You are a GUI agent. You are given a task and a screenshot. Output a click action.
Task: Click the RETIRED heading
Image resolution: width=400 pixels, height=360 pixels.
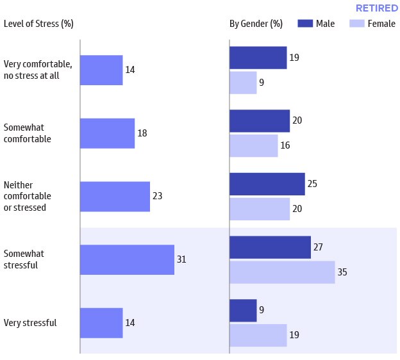(x=376, y=8)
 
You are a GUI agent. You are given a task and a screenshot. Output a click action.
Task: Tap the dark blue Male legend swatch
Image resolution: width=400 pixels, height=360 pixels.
(x=304, y=24)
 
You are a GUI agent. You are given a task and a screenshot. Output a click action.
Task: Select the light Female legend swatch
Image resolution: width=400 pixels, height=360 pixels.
(x=356, y=24)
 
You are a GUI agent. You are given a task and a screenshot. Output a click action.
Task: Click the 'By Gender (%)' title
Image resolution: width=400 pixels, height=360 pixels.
(x=256, y=24)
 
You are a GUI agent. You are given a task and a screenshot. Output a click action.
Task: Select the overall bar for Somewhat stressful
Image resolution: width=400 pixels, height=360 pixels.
(x=127, y=259)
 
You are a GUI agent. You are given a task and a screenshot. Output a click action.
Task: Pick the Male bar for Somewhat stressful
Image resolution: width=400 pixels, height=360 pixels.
(x=270, y=247)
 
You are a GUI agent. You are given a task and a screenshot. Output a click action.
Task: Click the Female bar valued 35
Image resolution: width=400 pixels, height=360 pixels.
(x=282, y=272)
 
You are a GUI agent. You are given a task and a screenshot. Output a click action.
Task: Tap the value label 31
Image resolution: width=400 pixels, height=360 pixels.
(x=182, y=259)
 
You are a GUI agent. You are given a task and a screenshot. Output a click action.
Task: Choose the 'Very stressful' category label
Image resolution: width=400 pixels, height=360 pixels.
(x=30, y=323)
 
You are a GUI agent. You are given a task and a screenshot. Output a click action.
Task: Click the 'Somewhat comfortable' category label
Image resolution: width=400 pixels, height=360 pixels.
(x=27, y=133)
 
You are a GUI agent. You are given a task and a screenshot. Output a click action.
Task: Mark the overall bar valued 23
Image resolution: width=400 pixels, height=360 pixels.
(x=115, y=196)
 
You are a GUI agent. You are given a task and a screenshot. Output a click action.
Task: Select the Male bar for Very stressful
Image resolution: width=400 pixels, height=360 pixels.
(x=243, y=311)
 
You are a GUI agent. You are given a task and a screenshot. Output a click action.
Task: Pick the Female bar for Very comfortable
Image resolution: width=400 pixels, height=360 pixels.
(x=243, y=83)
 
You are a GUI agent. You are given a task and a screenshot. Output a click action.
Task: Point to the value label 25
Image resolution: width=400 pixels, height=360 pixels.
(x=313, y=184)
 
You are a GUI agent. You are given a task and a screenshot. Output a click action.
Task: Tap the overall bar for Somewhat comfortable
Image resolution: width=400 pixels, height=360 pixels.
(x=107, y=133)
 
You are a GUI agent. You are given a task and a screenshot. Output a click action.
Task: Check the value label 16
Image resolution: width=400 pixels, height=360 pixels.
(x=286, y=145)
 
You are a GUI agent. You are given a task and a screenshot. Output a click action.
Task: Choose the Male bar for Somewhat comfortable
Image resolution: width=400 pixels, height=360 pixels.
(x=260, y=120)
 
